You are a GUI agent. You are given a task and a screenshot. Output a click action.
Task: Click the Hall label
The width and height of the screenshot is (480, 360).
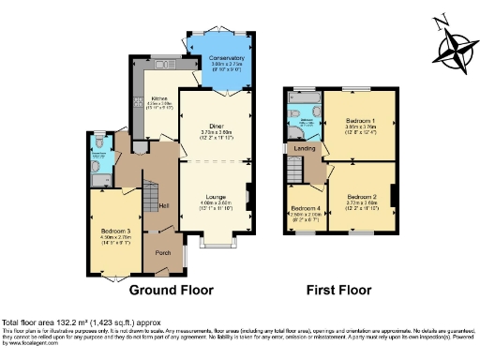164,205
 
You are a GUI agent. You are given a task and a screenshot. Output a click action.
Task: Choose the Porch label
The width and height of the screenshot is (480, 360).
162,252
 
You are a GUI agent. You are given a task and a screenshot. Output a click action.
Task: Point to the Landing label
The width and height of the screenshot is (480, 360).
305,147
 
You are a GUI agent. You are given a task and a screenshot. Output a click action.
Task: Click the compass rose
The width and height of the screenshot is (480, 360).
459,44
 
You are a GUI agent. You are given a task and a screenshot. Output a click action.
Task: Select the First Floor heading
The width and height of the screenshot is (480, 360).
338,290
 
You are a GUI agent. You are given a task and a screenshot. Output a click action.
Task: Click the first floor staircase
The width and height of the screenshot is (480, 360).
293,172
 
